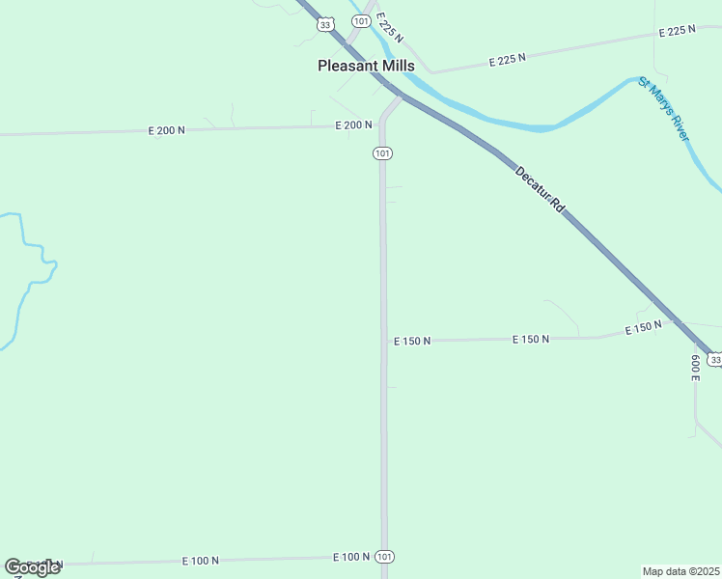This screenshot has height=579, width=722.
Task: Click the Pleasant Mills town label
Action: point(366,66)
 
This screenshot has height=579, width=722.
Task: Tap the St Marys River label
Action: point(664,109)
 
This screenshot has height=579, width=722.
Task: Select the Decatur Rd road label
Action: point(539,190)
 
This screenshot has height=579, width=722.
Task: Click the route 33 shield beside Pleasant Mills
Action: point(326,25)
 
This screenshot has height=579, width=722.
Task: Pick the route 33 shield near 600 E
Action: point(713,359)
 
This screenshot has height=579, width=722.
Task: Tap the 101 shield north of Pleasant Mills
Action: point(360,21)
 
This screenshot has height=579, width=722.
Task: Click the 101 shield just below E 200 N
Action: point(383,153)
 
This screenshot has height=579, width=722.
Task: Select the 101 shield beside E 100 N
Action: point(384,557)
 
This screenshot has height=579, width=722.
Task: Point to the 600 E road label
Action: point(695,368)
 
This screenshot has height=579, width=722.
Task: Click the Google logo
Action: point(32,566)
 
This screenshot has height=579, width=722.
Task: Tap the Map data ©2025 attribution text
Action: point(681,571)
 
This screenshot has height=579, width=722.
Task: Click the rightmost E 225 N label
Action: point(677,32)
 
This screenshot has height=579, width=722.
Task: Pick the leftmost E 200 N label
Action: point(166,129)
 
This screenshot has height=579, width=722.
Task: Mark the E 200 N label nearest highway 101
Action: point(353,124)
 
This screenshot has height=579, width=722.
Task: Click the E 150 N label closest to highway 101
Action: point(412,341)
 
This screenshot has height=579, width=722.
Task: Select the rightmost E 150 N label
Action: point(643,328)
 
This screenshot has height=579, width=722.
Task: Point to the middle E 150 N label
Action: point(531,339)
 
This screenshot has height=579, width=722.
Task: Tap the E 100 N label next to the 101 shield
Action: point(351,557)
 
